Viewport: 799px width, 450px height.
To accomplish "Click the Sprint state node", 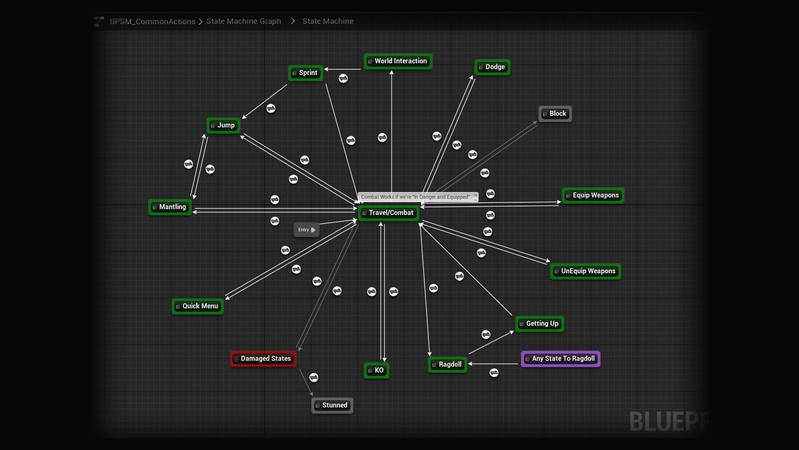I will coord(306,73).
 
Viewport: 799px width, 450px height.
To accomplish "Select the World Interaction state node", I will coord(398,61).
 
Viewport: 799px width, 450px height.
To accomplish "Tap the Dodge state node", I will coord(493,67).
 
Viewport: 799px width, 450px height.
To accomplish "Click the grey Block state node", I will coord(555,114).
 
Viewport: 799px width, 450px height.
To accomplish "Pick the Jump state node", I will coord(223,126).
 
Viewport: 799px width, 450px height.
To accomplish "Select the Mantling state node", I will coord(170,207).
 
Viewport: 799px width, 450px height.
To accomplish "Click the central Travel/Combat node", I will coord(388,213).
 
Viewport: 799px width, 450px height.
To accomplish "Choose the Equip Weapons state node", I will coord(592,196).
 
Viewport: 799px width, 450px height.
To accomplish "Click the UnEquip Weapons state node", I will coord(586,271).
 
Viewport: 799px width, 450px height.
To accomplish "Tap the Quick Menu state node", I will coord(198,306).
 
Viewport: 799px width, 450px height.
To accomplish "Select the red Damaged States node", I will coord(263,359).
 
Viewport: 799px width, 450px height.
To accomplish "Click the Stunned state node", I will coord(332,406).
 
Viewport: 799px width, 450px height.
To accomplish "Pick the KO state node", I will coord(376,371).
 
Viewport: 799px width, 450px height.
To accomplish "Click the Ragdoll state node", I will coord(448,364).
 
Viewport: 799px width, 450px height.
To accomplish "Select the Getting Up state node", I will coord(539,324).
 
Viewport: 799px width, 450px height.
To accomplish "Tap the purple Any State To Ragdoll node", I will coord(561,359).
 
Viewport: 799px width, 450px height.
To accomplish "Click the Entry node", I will coord(306,230).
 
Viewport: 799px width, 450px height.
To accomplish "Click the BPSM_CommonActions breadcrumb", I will coord(152,21).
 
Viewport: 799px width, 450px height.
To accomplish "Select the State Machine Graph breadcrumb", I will coord(243,21).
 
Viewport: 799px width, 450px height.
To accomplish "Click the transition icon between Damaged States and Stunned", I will coord(314,377).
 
